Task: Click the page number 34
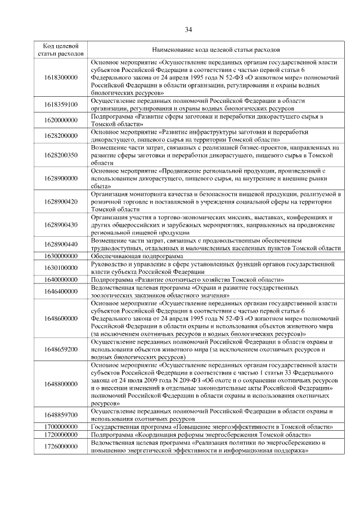coord(188,29)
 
